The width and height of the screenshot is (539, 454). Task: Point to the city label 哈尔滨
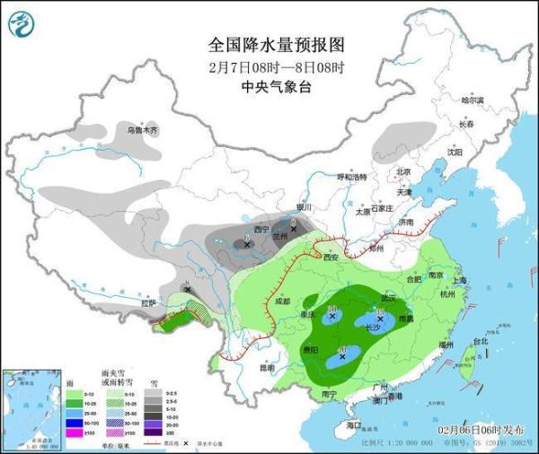(x=472, y=100)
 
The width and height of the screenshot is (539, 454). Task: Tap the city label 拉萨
(x=147, y=303)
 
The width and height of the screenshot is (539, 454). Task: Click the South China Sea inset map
(x=31, y=408)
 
